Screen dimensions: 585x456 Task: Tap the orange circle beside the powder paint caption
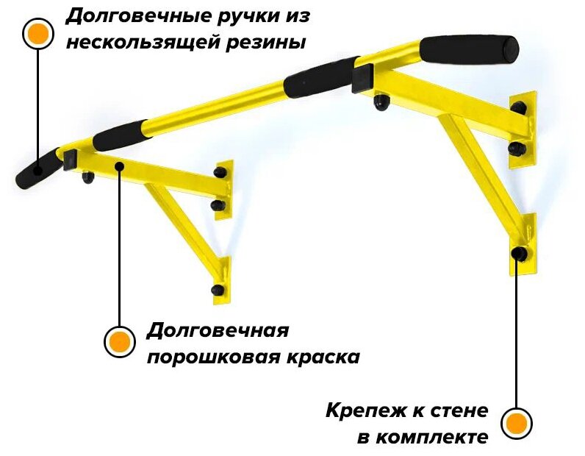[118, 342]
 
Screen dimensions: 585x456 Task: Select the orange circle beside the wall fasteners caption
[517, 424]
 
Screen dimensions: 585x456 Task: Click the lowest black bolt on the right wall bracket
[520, 254]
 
